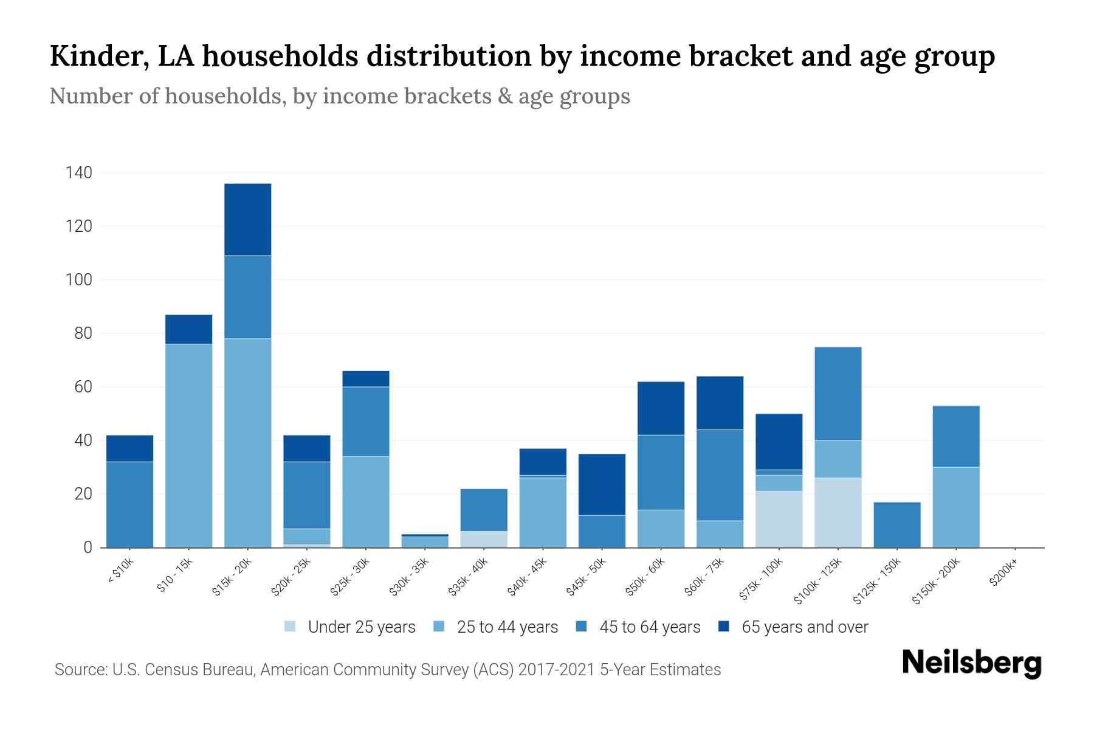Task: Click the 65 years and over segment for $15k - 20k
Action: click(x=247, y=220)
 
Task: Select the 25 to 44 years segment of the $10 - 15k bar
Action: click(x=188, y=445)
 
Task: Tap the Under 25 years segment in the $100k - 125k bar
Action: click(x=838, y=512)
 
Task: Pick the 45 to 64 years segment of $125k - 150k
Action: click(x=897, y=524)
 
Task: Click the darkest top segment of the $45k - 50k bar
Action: click(x=602, y=484)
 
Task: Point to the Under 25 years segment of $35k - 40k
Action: click(x=484, y=539)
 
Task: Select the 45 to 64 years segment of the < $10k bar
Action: click(x=129, y=504)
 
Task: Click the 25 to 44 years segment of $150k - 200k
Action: click(x=956, y=507)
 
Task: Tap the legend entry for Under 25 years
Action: click(x=350, y=627)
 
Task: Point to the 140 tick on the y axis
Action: click(x=79, y=173)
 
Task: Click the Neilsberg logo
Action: click(x=971, y=663)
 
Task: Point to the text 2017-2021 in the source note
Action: click(x=557, y=670)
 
